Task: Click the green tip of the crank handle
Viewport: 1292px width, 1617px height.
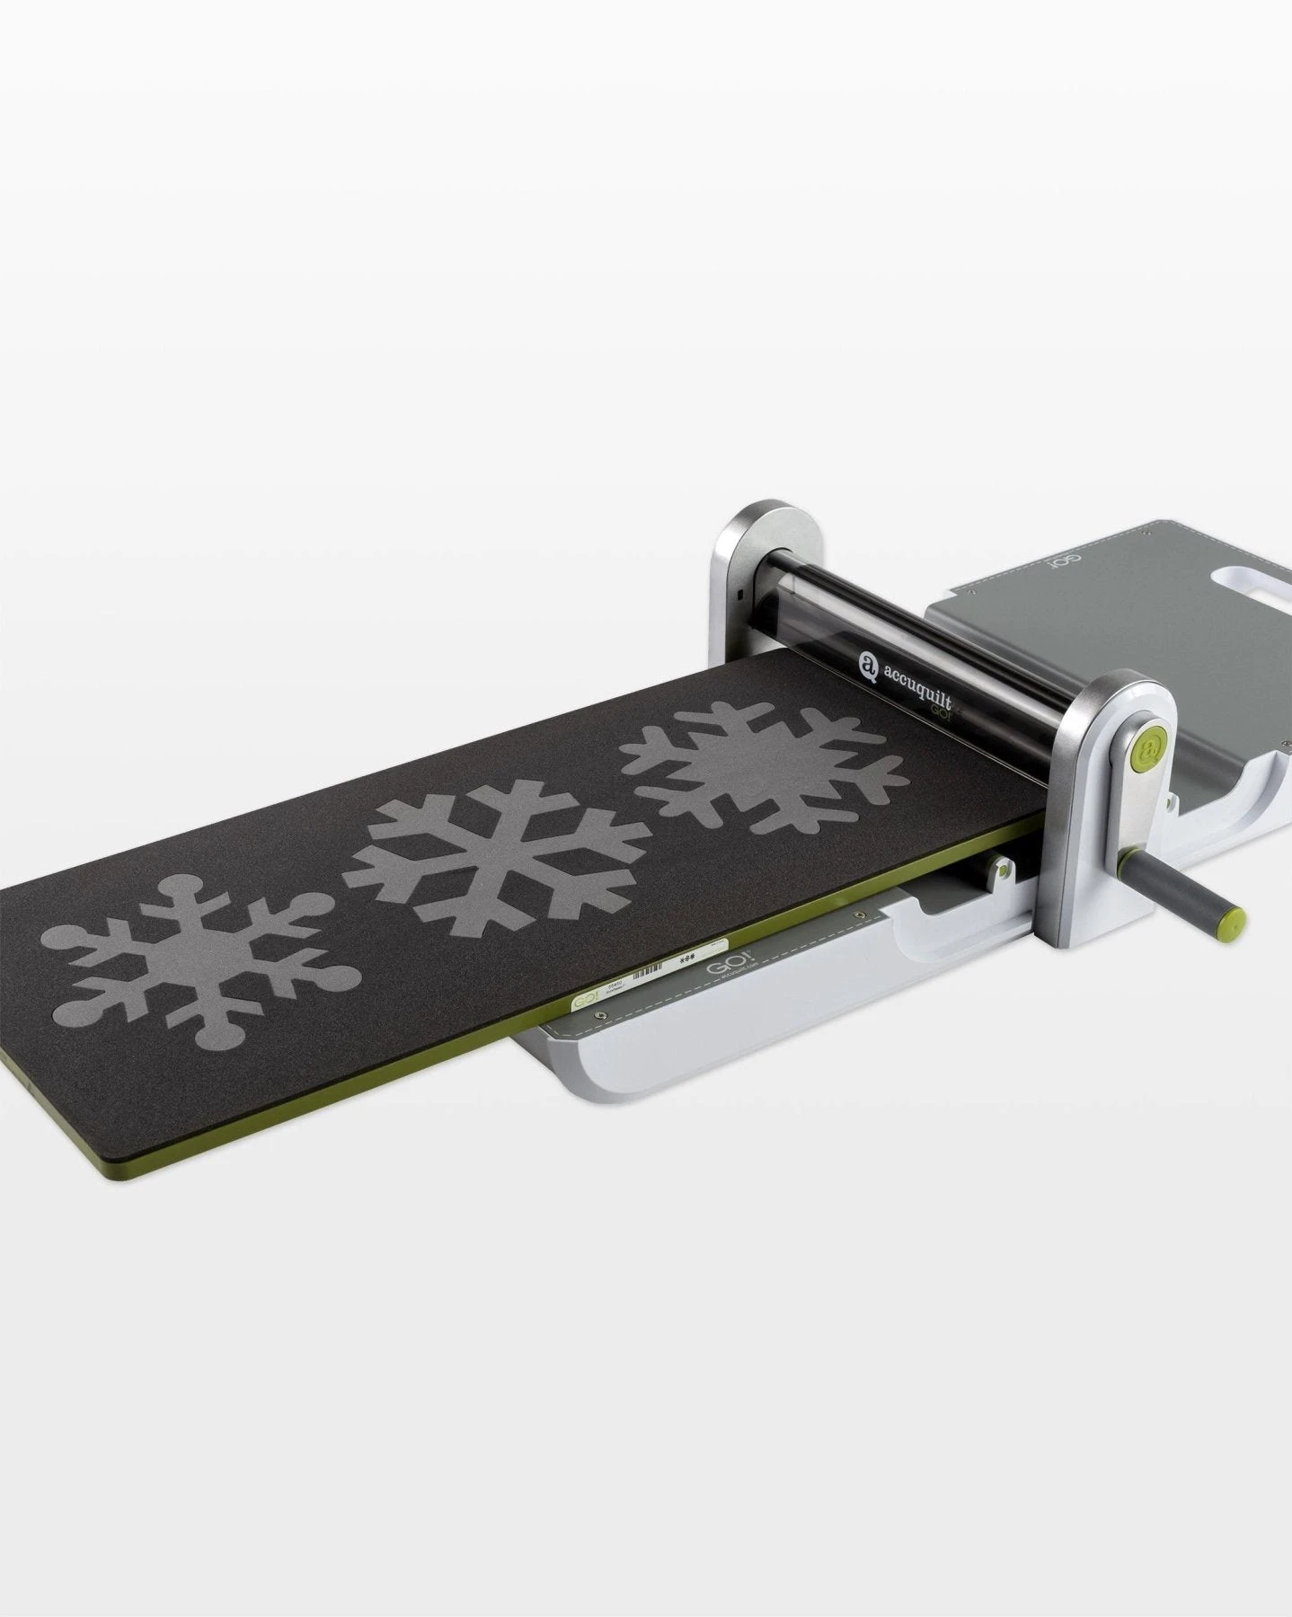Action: point(1235,919)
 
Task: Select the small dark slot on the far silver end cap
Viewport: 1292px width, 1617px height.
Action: point(737,595)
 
